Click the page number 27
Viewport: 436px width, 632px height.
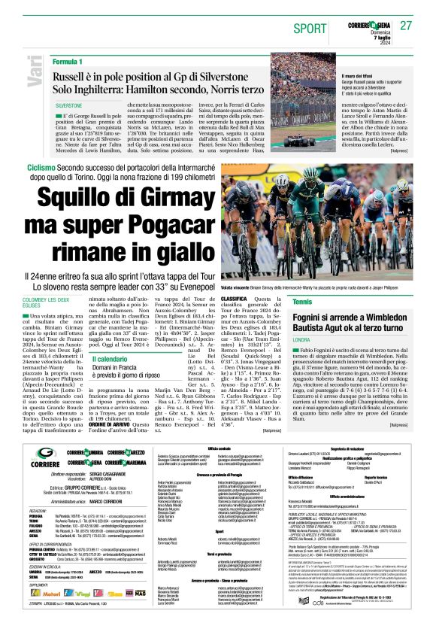tap(406, 25)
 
